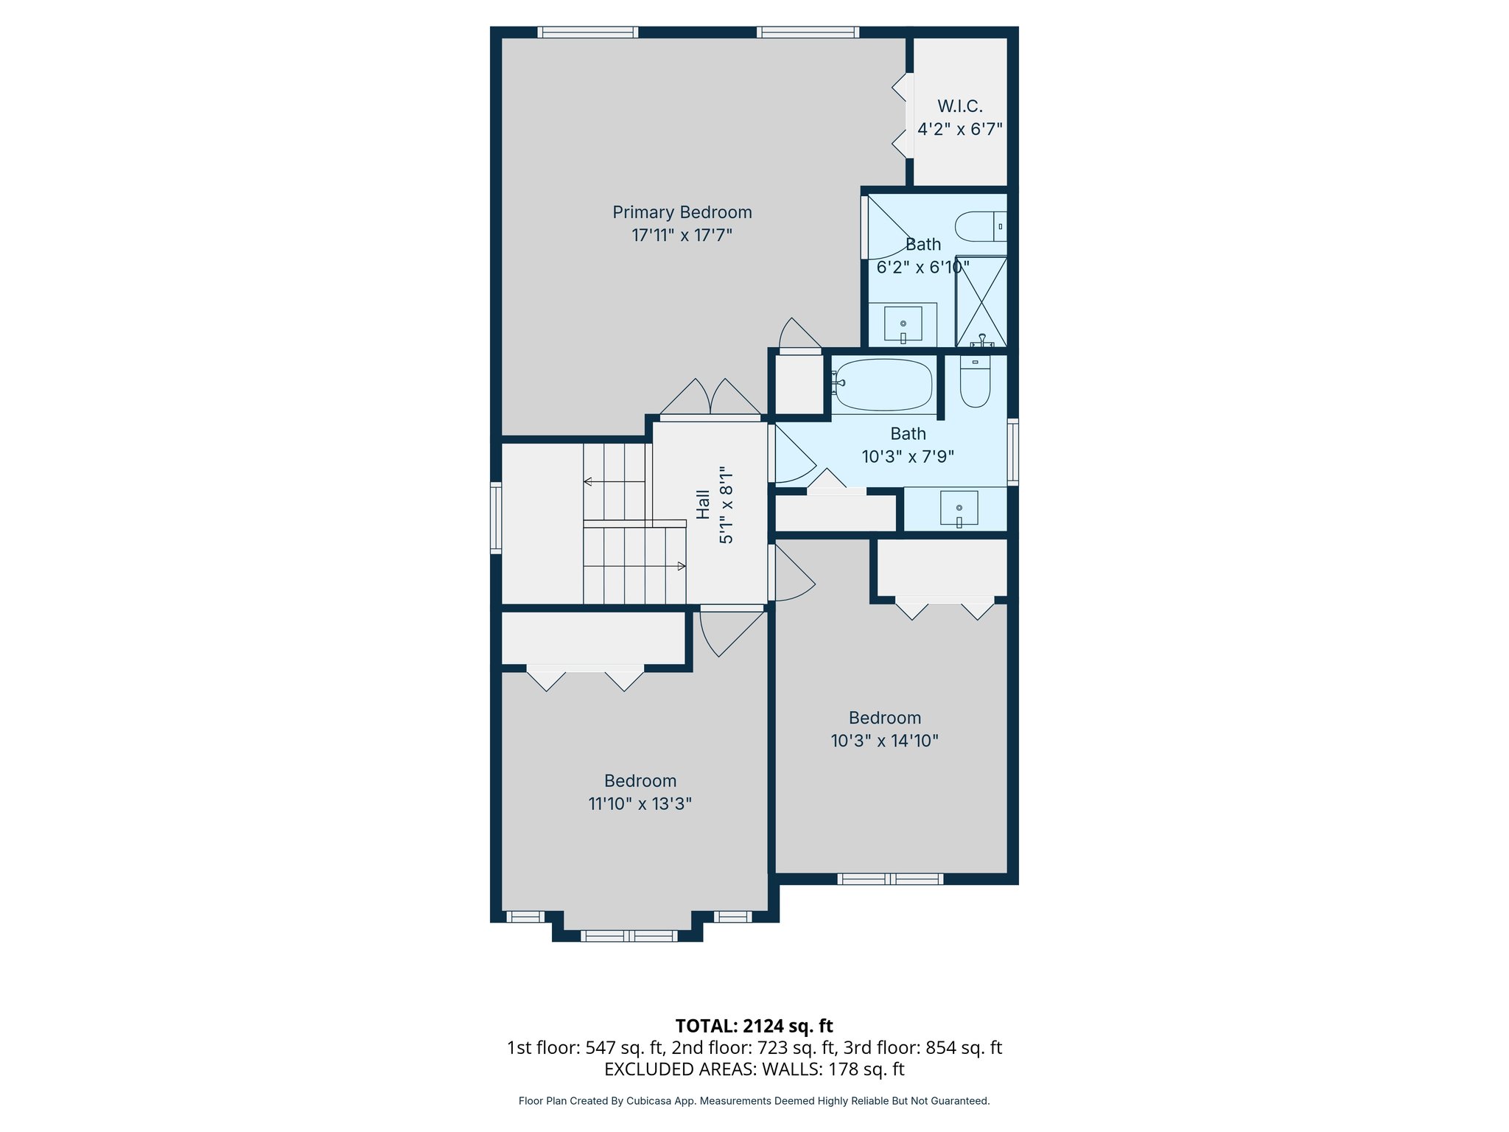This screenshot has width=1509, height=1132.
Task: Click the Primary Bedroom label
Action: coord(682,212)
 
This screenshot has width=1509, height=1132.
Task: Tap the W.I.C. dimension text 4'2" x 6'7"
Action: coord(959,130)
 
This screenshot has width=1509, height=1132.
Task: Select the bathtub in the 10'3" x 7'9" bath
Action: coord(883,385)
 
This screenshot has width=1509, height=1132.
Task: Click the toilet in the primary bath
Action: coord(980,226)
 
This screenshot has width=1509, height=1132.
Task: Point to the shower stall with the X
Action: coord(981,301)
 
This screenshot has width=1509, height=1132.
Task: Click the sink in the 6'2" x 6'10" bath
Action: coord(903,324)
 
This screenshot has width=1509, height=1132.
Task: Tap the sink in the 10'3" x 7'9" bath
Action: coord(959,508)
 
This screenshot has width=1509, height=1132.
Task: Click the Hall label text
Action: coord(704,505)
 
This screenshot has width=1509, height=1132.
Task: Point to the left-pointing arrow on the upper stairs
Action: coord(588,481)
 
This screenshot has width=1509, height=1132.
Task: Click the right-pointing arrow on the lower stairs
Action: coord(682,566)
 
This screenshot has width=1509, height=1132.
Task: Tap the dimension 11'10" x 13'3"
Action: coord(640,804)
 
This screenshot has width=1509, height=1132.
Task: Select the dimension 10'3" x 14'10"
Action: coord(884,741)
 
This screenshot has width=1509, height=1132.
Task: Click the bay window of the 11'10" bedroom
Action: coord(629,936)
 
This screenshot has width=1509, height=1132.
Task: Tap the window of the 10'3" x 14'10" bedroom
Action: coord(890,878)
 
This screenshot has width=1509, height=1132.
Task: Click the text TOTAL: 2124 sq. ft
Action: coord(754,1026)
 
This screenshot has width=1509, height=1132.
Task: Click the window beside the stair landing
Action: coord(496,517)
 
